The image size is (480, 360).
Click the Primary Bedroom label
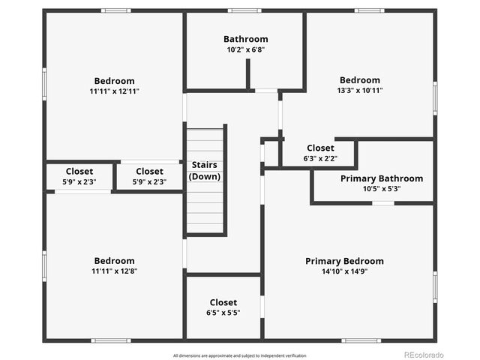[x=344, y=261]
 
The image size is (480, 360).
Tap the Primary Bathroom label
[x=381, y=178]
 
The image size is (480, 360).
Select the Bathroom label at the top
[x=245, y=39]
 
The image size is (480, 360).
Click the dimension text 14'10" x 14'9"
[x=344, y=271]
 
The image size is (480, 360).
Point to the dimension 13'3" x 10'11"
[x=360, y=91]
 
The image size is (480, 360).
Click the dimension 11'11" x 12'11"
[x=115, y=91]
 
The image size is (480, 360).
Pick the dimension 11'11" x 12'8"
[x=115, y=271]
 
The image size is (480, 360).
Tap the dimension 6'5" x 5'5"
[x=223, y=313]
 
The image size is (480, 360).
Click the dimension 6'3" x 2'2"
[x=320, y=158]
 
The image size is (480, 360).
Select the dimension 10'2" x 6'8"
[x=245, y=49]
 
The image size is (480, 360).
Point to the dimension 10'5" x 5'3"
[x=381, y=189]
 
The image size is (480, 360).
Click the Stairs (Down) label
[x=205, y=170]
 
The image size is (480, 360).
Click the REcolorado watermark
[x=424, y=355]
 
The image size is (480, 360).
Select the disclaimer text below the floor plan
[x=239, y=355]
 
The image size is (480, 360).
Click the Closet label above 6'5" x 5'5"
[x=223, y=302]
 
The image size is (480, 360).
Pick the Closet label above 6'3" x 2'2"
[x=320, y=148]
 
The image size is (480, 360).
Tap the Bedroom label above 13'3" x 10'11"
[x=360, y=80]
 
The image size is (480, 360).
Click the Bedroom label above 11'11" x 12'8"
[x=115, y=261]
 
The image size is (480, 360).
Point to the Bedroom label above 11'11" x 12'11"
[x=115, y=81]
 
